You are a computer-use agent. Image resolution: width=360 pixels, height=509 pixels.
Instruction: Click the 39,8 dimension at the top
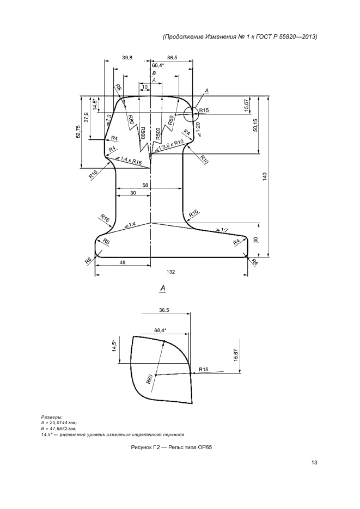point(127,58)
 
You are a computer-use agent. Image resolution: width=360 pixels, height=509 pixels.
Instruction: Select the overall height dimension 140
point(265,177)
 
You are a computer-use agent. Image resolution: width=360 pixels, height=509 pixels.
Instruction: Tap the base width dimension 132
point(171,272)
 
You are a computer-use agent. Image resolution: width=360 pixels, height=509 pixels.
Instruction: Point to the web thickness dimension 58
point(145,185)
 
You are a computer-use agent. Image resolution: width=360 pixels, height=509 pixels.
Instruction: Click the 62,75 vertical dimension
point(78,132)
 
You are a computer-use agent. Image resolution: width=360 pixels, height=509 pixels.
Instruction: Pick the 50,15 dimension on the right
point(255,125)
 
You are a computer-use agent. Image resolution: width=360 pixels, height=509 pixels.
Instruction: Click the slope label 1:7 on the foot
point(224,230)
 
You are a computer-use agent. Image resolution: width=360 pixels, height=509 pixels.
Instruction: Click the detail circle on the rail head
point(191,114)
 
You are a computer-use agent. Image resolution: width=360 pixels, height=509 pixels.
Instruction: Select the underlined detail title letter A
point(163,288)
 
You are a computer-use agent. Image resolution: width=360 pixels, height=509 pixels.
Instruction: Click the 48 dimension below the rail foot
point(123,262)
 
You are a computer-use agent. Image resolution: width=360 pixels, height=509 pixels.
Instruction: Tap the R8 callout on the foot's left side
point(106,241)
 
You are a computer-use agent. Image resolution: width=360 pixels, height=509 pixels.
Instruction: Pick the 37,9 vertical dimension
point(86,117)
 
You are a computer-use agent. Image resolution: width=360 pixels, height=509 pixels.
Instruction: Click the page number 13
point(314,463)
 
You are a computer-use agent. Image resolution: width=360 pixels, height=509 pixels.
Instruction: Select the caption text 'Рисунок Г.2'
point(142,447)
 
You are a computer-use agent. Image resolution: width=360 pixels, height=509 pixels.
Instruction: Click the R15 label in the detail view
point(204,370)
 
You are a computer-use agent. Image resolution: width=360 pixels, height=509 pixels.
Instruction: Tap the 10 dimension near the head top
point(145,87)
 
